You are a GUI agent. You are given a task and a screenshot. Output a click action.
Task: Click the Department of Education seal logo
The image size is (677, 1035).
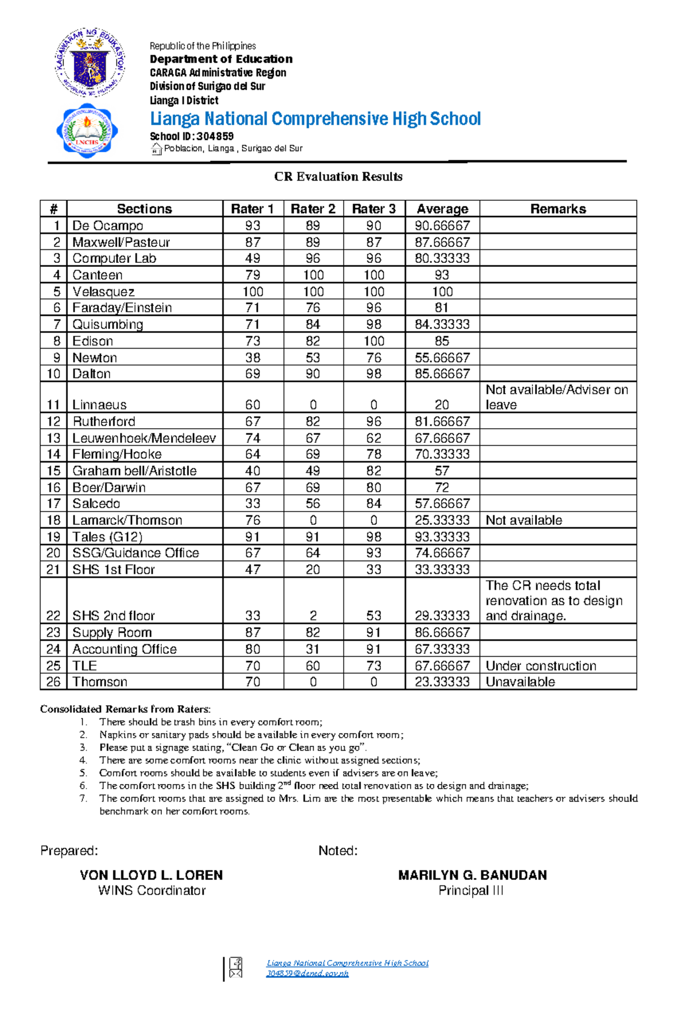tap(90, 63)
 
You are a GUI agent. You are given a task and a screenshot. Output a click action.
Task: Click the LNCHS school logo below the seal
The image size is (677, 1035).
tap(87, 131)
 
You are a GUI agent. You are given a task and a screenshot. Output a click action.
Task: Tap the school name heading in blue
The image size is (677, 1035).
tap(315, 119)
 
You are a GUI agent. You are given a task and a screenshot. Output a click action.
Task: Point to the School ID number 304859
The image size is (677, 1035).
tap(214, 136)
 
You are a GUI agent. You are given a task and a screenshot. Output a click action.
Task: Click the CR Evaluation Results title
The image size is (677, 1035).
tap(338, 177)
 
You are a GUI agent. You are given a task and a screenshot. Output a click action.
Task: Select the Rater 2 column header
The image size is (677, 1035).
tap(313, 209)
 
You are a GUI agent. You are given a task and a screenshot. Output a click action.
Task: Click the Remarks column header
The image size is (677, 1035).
tap(557, 209)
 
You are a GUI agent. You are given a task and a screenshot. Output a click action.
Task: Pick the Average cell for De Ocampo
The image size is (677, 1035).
tap(442, 226)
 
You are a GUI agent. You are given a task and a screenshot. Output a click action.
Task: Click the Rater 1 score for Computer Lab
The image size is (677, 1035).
tap(252, 258)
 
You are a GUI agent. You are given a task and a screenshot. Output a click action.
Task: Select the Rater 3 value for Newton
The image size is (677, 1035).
tap(373, 358)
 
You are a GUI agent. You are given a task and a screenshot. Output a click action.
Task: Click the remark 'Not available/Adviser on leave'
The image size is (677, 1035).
tap(556, 397)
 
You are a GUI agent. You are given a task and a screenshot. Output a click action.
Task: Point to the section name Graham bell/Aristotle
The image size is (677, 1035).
tap(134, 471)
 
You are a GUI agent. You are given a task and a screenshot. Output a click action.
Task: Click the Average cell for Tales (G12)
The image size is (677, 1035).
tap(442, 536)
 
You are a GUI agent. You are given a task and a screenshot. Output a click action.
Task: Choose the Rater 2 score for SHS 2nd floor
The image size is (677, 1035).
tap(313, 615)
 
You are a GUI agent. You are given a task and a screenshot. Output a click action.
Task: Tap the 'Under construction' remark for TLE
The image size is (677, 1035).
tap(540, 666)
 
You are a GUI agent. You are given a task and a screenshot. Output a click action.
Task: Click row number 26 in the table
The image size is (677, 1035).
tap(53, 682)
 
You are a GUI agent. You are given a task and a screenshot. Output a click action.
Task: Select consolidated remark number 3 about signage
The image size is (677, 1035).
tap(232, 747)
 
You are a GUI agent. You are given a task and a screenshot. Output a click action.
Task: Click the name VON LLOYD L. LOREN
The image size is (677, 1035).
tap(151, 875)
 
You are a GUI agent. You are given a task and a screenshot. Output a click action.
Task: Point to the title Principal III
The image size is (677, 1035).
tap(471, 891)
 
